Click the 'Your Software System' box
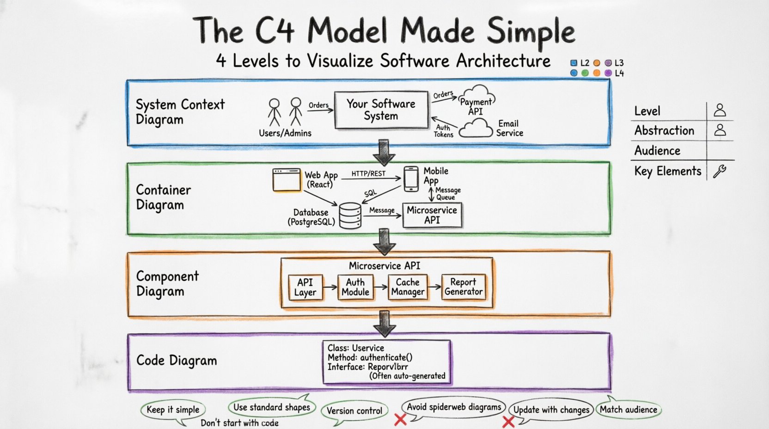point(381,110)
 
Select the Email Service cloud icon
point(476,129)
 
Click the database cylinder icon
point(350,215)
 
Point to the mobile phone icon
point(411,179)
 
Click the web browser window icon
point(287,180)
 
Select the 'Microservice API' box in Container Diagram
point(432,215)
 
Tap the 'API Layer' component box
point(305,287)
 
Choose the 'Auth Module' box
point(355,287)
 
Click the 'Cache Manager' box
point(408,287)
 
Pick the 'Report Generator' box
point(463,287)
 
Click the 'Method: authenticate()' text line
point(370,357)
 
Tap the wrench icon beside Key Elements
point(720,172)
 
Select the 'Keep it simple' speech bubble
point(173,410)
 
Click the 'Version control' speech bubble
point(354,411)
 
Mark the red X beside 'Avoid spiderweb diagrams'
point(400,419)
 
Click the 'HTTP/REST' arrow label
point(368,174)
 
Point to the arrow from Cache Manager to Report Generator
point(434,287)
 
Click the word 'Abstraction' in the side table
point(664,131)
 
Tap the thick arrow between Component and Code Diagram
point(384,323)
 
